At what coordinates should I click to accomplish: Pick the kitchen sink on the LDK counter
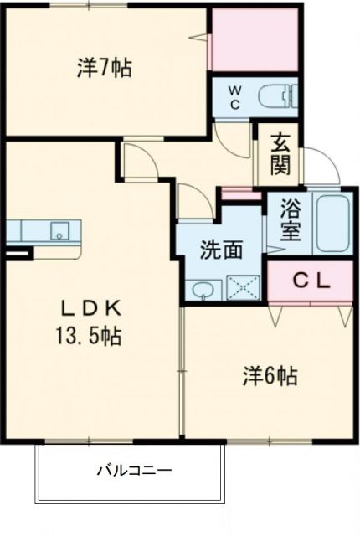[59, 230]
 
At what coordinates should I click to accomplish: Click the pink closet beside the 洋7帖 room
[255, 39]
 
